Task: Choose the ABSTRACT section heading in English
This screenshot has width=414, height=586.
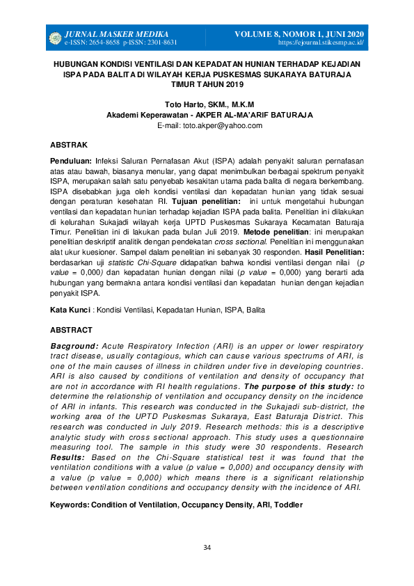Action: [x=71, y=330]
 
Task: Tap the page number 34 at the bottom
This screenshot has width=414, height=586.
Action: [x=207, y=548]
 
